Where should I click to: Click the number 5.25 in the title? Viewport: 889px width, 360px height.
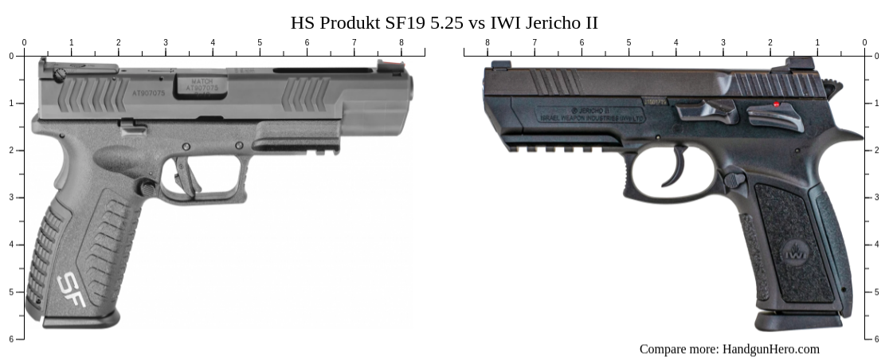[446, 23]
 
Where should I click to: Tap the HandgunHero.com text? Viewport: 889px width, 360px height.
[770, 349]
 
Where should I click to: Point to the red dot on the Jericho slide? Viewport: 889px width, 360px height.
[777, 104]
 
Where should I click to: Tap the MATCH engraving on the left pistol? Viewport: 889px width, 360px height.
[200, 82]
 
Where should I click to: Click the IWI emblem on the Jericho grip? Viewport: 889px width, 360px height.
[793, 254]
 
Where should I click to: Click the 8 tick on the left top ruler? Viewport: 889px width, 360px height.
[401, 53]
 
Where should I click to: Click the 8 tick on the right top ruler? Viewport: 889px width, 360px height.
[488, 53]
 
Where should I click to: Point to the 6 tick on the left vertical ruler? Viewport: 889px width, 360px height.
[19, 339]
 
